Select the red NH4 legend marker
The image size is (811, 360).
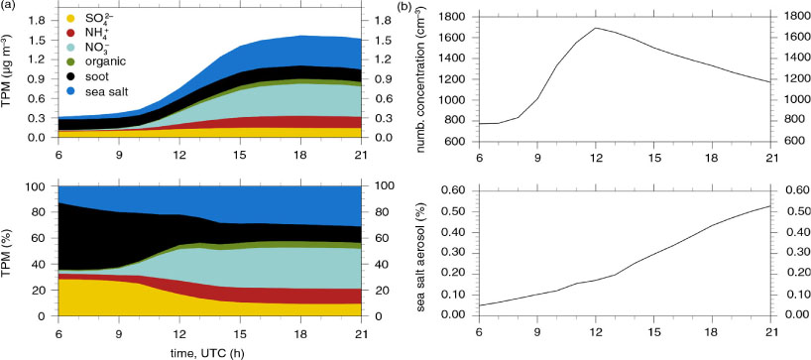tap(72, 35)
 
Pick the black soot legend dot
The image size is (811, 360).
tap(72, 76)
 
